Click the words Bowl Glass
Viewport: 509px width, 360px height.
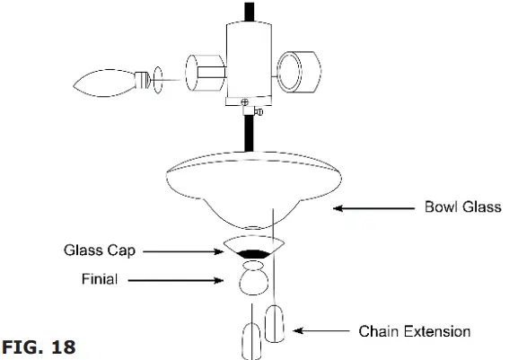tap(462, 208)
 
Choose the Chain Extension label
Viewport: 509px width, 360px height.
tap(415, 331)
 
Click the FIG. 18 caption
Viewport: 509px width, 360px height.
tap(38, 346)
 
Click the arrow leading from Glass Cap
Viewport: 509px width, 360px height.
tap(184, 252)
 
